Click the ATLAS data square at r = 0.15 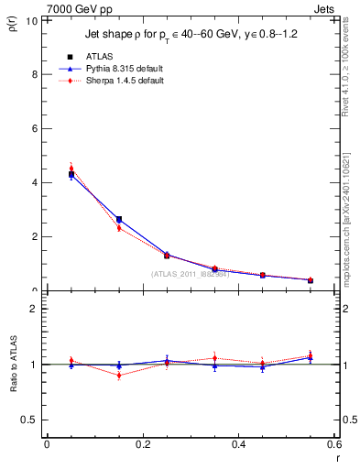119,220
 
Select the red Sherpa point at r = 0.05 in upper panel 71,169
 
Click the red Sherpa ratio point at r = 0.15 119,376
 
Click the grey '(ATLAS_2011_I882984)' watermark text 190,273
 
